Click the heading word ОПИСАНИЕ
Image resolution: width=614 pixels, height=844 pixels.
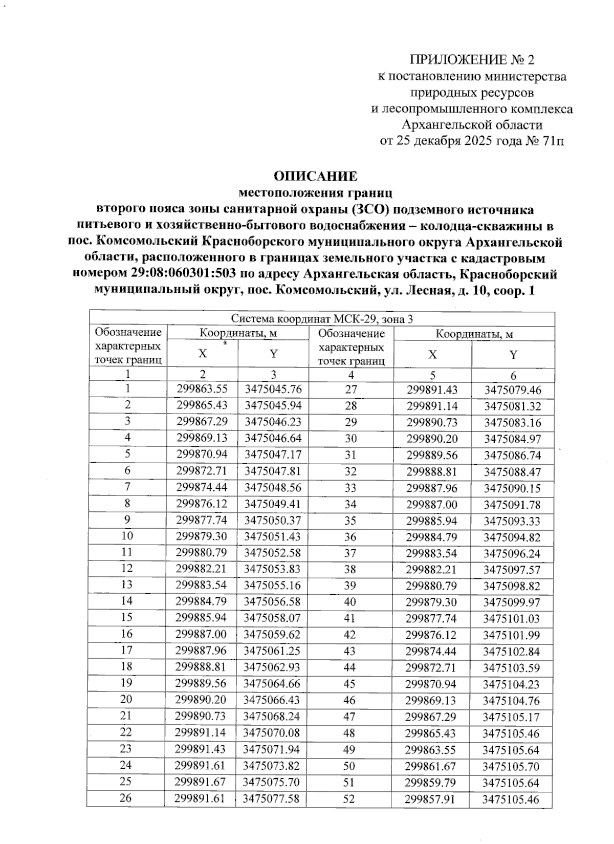[315, 177]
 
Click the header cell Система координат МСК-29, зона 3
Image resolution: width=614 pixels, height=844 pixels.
[322, 319]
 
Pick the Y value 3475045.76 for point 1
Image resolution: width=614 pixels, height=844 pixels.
[273, 389]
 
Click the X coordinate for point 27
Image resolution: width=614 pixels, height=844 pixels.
[432, 390]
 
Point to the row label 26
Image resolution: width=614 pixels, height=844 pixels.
[126, 798]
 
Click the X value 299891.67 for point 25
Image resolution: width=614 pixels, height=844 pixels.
[201, 782]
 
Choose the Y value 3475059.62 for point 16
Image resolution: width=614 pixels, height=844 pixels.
[273, 635]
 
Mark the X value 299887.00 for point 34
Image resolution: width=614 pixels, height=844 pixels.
[432, 505]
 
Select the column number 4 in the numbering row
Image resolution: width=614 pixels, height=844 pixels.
[350, 375]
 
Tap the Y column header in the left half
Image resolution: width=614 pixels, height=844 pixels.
[273, 354]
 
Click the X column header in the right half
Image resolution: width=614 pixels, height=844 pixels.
[432, 355]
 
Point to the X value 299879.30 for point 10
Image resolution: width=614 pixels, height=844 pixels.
[201, 536]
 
